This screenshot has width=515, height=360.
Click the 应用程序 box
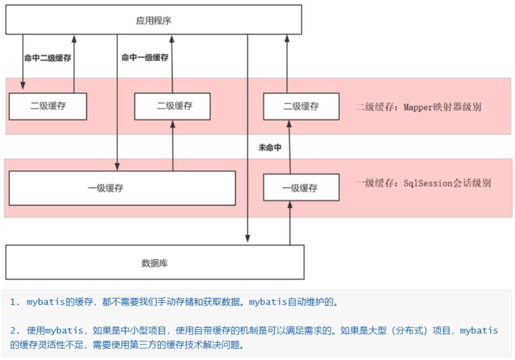153,20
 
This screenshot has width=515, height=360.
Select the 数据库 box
154,262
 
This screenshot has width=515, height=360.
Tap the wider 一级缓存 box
122,188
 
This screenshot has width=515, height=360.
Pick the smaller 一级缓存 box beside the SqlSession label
301,188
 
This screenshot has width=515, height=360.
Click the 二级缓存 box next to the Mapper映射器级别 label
301,106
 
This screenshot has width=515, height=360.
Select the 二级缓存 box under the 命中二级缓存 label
48,106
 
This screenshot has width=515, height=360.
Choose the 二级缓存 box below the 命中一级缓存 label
172,106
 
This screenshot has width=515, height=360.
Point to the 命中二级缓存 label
48,58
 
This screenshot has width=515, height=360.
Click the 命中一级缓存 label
145,58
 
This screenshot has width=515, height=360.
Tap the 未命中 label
270,148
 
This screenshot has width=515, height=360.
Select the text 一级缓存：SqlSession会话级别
423,183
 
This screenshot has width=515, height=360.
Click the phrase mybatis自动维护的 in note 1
293,302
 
